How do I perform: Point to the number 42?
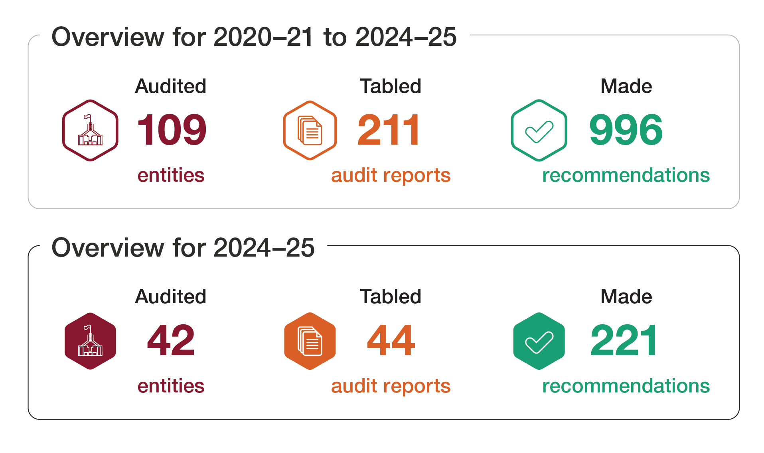pyautogui.click(x=171, y=340)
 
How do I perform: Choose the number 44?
pyautogui.click(x=391, y=340)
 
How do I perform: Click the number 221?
pyautogui.click(x=624, y=340)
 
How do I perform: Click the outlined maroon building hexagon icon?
pyautogui.click(x=91, y=130)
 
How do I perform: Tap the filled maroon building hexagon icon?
pyautogui.click(x=91, y=341)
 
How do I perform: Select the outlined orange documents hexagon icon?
pyautogui.click(x=310, y=130)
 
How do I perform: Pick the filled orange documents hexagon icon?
pyautogui.click(x=310, y=341)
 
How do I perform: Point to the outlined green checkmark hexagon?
pyautogui.click(x=539, y=130)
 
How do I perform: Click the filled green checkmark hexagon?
pyautogui.click(x=539, y=341)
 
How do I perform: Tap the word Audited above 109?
pyautogui.click(x=171, y=86)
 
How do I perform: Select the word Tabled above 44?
pyautogui.click(x=391, y=297)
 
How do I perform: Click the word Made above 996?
pyautogui.click(x=626, y=86)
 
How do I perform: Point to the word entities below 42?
pyautogui.click(x=171, y=386)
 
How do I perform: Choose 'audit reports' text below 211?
pyautogui.click(x=391, y=175)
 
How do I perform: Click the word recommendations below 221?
pyautogui.click(x=626, y=386)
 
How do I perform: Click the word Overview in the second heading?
pyautogui.click(x=108, y=247)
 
